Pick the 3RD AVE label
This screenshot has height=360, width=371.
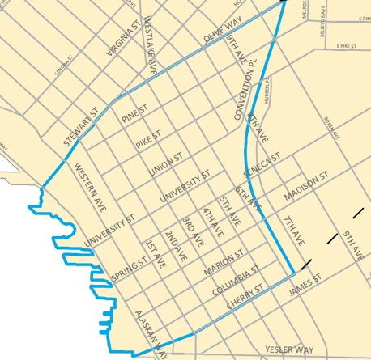coord(191,231)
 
